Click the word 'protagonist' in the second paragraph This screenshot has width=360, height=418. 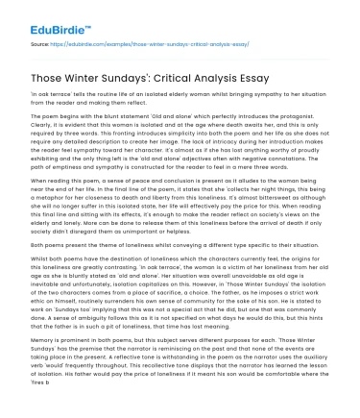click(x=312, y=114)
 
